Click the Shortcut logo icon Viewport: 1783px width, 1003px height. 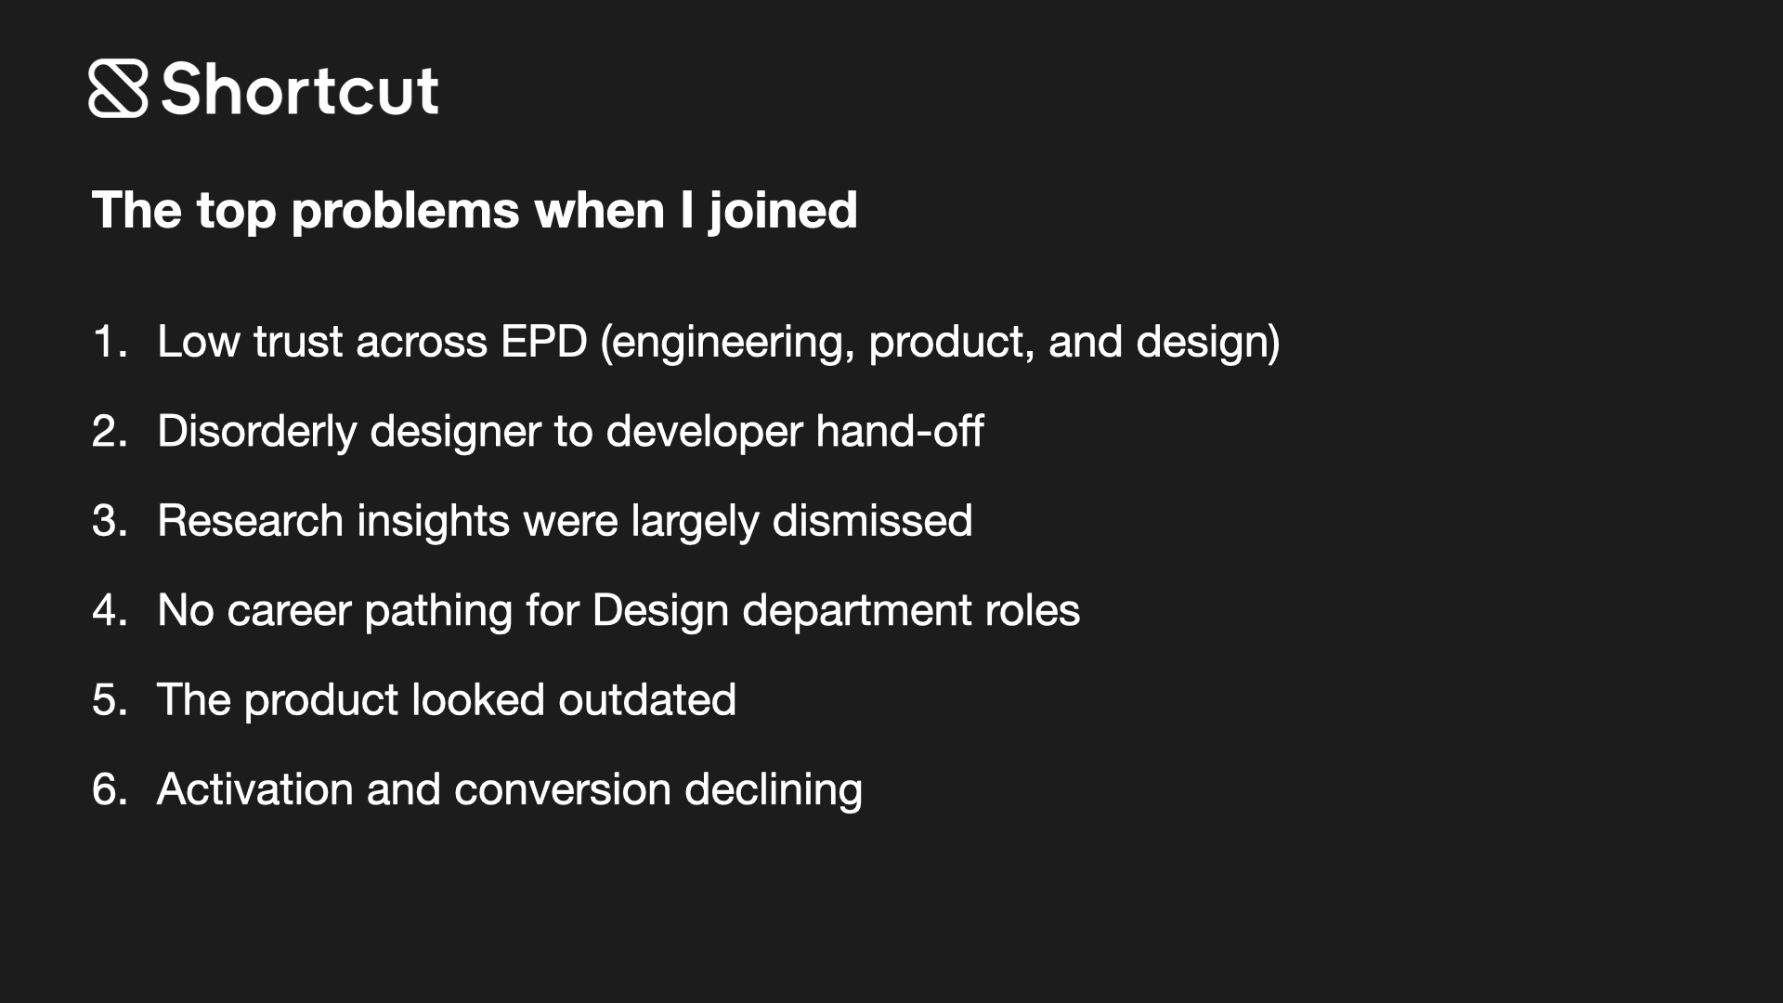tap(118, 89)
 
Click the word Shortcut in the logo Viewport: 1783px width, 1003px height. tap(299, 90)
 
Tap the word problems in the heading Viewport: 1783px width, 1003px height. tap(405, 212)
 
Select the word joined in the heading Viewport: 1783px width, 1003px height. tap(783, 212)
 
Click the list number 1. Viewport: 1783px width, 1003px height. tap(107, 342)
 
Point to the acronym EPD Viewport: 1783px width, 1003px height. tap(543, 342)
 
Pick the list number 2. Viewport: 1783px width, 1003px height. tap(108, 432)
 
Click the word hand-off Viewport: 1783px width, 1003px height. tap(899, 432)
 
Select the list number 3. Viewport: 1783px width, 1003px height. tap(108, 521)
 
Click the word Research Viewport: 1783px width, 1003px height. tap(250, 521)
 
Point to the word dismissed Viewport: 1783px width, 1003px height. tap(872, 521)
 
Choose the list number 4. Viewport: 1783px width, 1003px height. tap(108, 611)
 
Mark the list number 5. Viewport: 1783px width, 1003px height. tap(108, 700)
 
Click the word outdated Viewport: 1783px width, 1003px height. tap(647, 700)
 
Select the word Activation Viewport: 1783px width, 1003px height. tap(254, 790)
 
